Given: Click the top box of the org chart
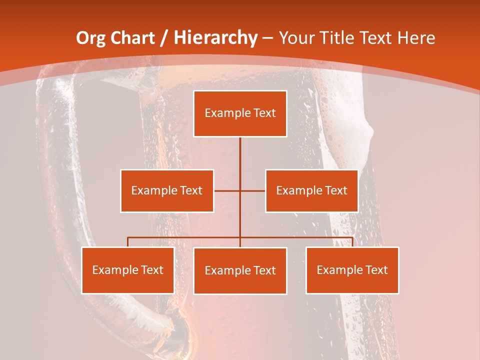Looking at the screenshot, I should click(x=240, y=113).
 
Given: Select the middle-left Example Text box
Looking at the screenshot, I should click(x=167, y=190).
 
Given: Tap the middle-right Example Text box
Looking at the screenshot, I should click(x=311, y=190).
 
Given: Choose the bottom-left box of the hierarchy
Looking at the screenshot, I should click(x=128, y=270).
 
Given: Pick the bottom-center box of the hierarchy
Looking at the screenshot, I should click(x=240, y=270).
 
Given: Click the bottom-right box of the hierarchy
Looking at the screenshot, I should click(x=352, y=270).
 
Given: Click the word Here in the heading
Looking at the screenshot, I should click(x=416, y=38).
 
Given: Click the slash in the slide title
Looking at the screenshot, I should click(x=163, y=38).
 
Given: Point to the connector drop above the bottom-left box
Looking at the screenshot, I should click(x=128, y=242).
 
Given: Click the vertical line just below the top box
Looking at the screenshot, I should click(x=240, y=150).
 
